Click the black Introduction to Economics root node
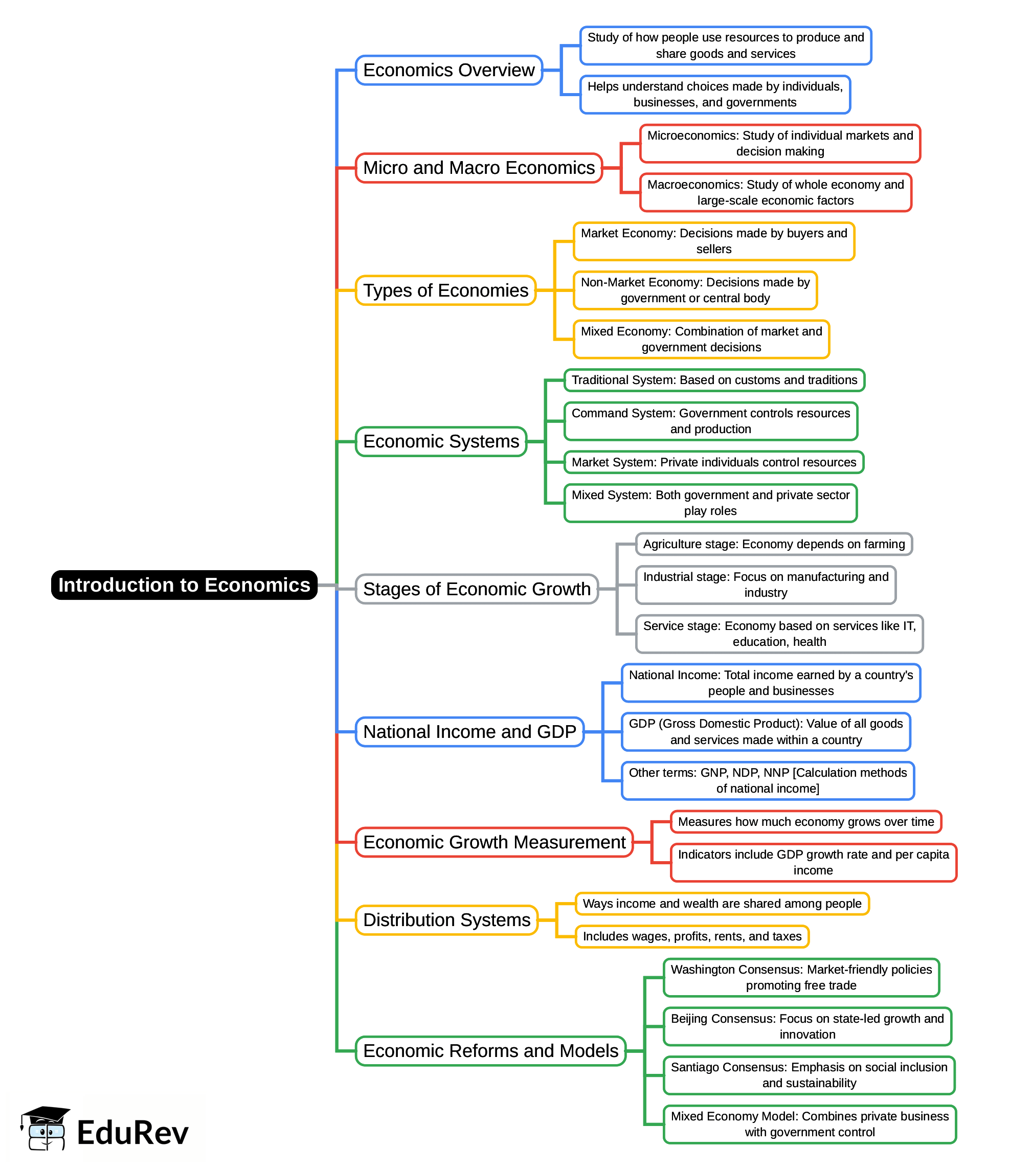(x=184, y=585)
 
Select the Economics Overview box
(x=449, y=70)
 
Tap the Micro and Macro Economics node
(x=479, y=168)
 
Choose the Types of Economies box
(x=445, y=290)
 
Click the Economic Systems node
(x=441, y=441)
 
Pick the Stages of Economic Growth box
(x=477, y=589)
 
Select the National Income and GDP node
(x=469, y=732)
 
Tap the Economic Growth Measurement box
(x=494, y=842)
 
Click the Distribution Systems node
(x=446, y=920)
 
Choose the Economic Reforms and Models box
(x=490, y=1051)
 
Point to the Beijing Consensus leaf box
(x=807, y=1027)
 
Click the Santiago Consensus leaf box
(x=809, y=1075)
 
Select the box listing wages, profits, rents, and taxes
(x=692, y=936)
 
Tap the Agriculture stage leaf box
(x=774, y=544)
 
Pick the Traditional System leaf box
(x=714, y=380)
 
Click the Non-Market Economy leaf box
(x=695, y=290)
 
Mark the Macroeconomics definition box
(x=775, y=193)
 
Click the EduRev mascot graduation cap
(x=45, y=1115)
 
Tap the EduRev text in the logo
(x=132, y=1133)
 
